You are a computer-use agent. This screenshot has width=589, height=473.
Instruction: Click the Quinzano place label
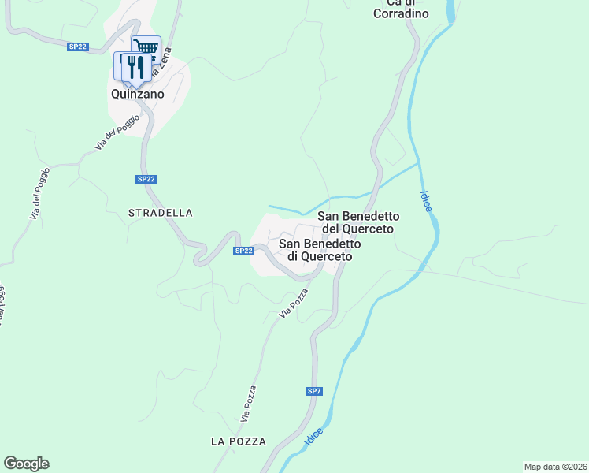point(137,94)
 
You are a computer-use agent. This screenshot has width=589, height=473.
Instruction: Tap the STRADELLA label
point(161,213)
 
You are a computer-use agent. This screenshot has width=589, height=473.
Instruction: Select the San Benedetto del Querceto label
point(358,222)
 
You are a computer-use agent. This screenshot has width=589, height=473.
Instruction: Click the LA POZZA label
point(239,441)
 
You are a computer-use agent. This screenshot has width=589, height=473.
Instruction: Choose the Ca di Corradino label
point(401,9)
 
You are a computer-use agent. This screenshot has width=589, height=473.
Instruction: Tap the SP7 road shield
point(314,391)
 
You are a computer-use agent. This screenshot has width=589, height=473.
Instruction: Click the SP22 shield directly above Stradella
point(146,179)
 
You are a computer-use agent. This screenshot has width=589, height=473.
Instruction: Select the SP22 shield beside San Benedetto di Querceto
point(243,251)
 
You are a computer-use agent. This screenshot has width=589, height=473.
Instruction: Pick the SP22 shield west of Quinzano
point(77,47)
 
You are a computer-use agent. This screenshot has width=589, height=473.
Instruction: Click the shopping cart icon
point(146,48)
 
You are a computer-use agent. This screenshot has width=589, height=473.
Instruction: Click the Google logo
point(26,464)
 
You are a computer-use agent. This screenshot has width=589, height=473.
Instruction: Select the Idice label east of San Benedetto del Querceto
point(426,200)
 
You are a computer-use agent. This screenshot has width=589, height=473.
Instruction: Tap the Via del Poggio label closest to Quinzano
point(117,132)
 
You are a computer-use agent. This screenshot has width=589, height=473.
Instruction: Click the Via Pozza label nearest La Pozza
point(249,403)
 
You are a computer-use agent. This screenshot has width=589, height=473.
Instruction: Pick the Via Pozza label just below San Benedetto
point(292,304)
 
